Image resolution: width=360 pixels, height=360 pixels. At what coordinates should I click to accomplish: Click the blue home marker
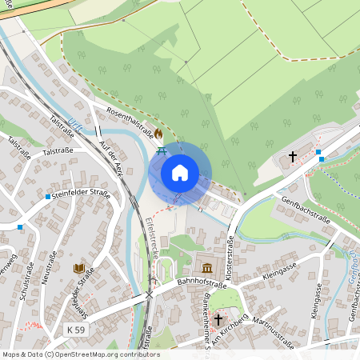pos(180,173)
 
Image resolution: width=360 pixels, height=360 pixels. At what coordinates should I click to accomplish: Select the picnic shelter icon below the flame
pos(162,149)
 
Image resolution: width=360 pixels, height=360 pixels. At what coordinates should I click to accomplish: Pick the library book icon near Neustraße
pos(78,269)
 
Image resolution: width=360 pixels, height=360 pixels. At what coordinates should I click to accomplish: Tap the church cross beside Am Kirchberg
pos(218,319)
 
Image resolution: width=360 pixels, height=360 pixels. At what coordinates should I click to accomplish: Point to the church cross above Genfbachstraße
pos(293,157)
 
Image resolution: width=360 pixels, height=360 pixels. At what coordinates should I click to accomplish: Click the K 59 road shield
pos(77,330)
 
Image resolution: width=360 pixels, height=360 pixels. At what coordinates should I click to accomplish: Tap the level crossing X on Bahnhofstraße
pos(149,294)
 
